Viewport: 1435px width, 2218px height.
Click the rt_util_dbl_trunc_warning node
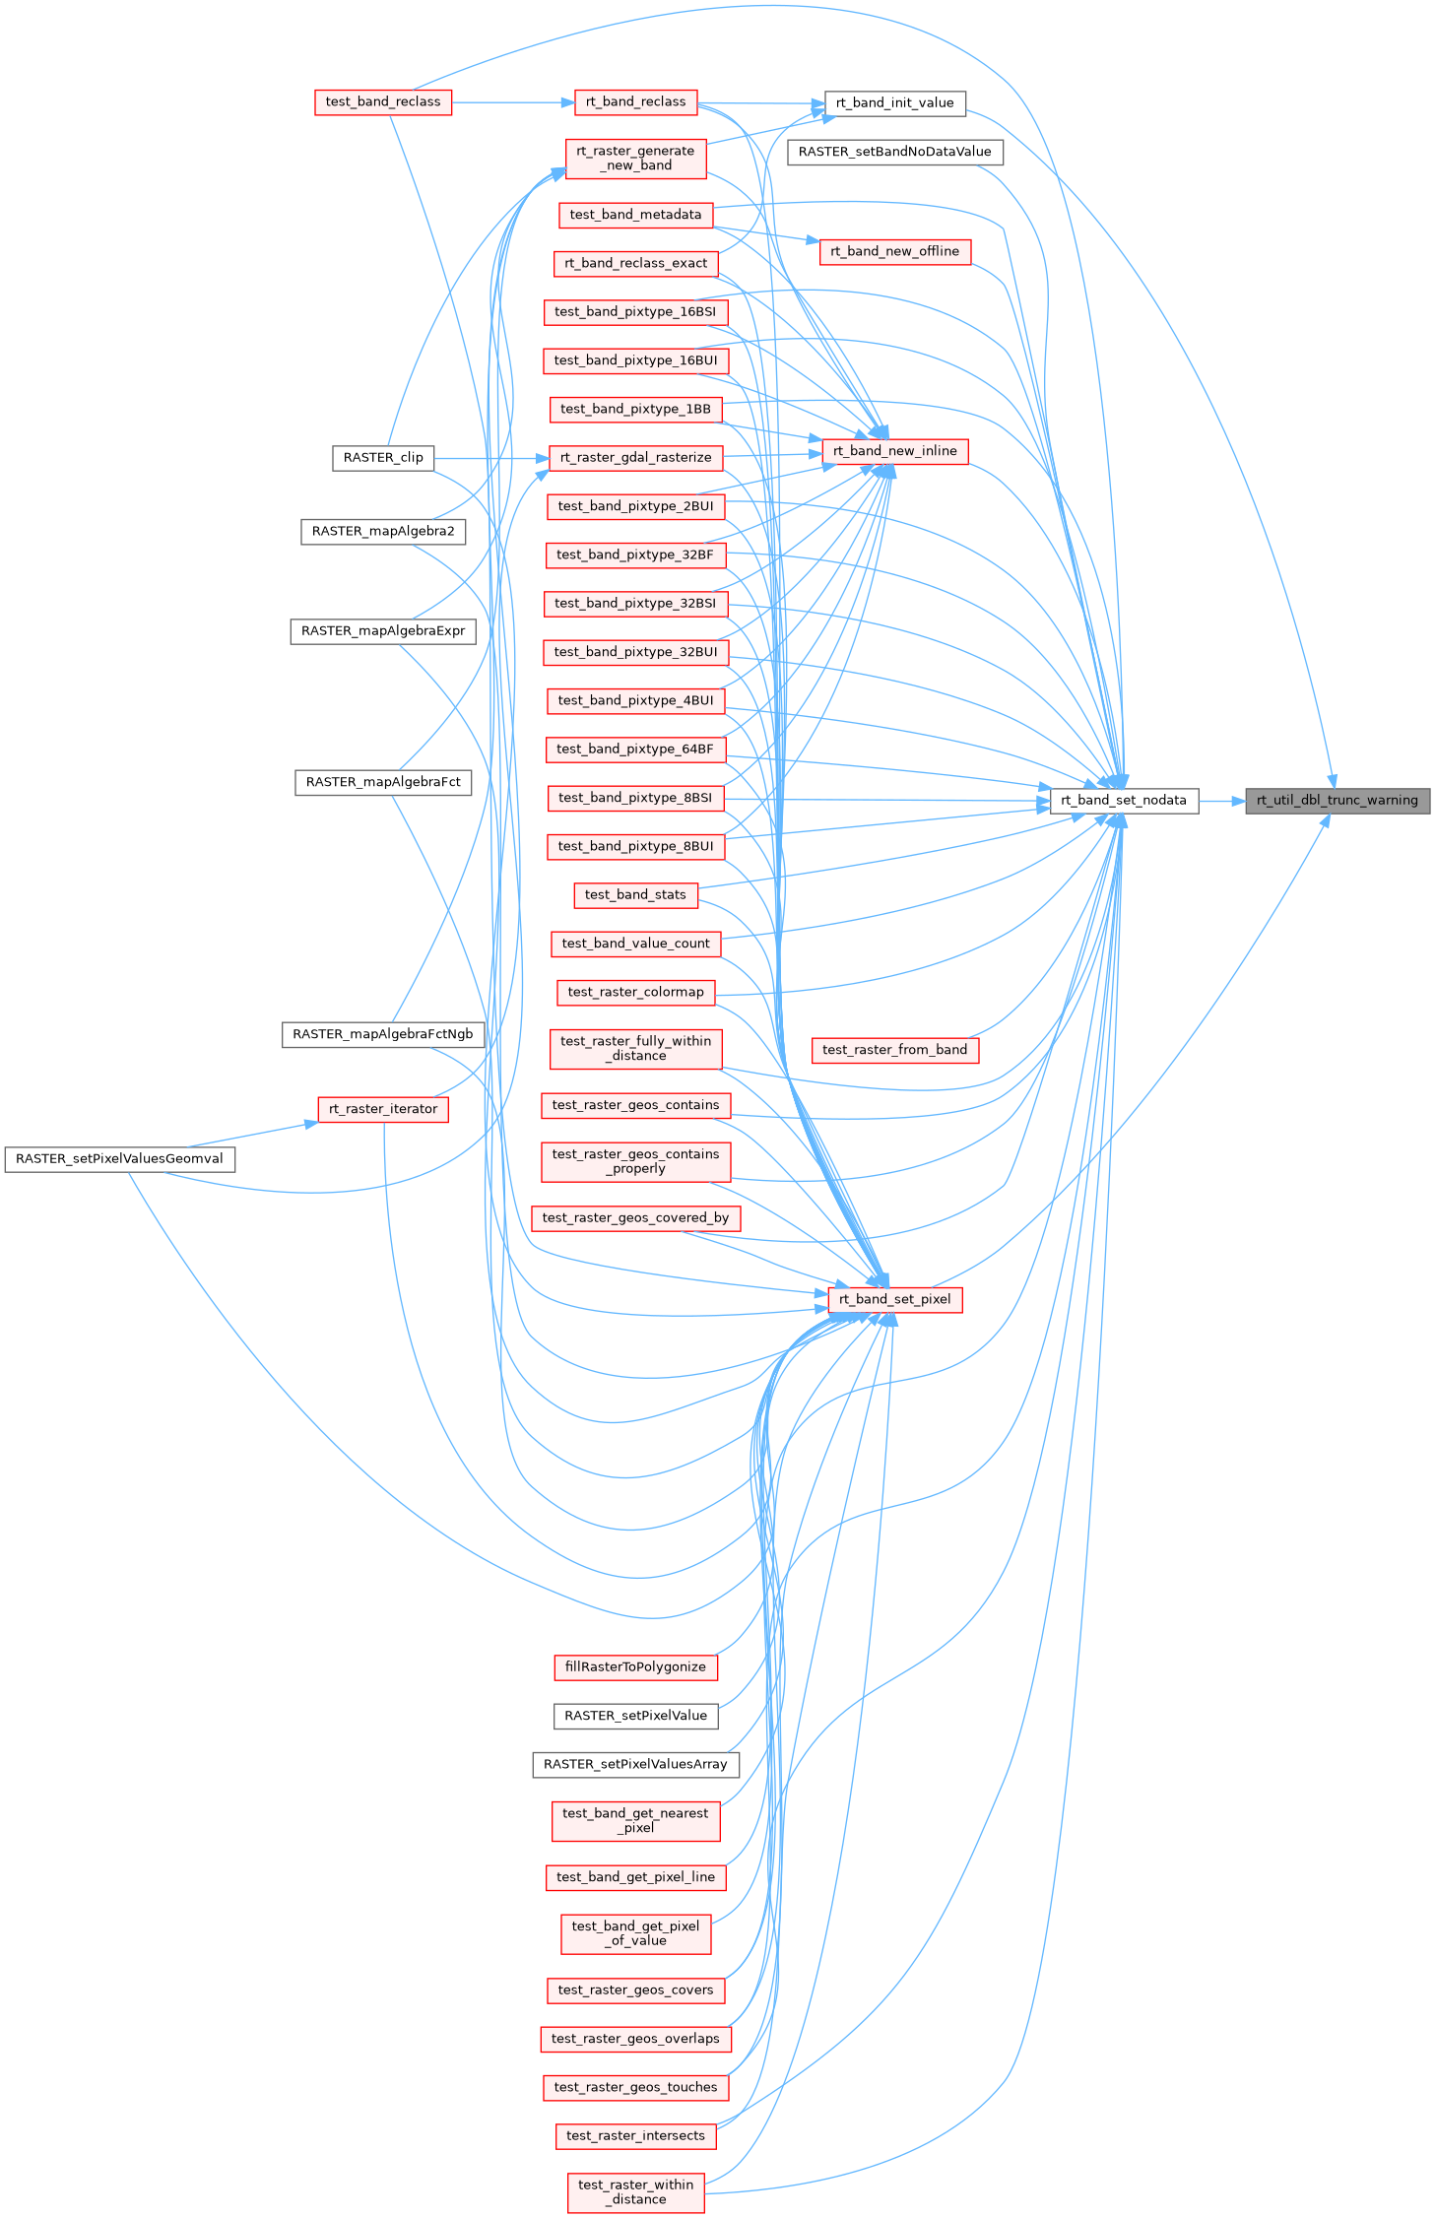point(1337,801)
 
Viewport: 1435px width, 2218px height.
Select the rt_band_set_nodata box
point(1123,801)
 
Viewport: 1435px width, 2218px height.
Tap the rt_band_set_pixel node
point(894,1299)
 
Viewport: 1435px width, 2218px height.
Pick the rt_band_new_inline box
point(894,451)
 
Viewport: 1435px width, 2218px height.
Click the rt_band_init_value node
point(894,102)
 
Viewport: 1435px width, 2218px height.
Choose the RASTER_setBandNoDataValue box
point(894,152)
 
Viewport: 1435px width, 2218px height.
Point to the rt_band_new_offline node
point(894,251)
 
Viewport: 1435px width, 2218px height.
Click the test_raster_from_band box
point(894,1050)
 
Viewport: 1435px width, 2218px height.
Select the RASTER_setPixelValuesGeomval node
point(119,1159)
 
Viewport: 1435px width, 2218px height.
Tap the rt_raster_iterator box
point(383,1109)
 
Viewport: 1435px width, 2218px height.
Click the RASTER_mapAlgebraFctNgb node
point(383,1034)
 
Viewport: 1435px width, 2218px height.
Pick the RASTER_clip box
point(383,458)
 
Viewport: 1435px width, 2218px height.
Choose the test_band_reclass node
point(383,102)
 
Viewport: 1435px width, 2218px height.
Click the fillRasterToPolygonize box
point(635,1666)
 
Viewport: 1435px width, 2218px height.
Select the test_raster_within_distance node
point(635,2191)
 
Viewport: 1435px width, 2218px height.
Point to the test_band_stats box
point(635,894)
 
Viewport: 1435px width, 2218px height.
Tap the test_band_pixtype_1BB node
point(635,409)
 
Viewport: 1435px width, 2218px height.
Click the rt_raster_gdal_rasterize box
point(635,458)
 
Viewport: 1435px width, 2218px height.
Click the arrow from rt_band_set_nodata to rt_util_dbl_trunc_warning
point(1221,801)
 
